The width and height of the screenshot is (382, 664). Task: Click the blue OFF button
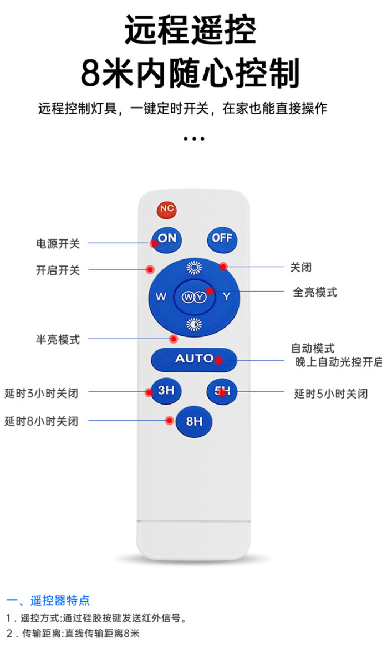222,239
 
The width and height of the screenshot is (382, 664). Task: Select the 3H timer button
166,390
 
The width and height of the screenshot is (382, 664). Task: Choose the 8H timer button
193,422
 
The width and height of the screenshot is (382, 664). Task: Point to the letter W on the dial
161,297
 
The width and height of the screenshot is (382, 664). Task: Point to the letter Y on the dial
226,297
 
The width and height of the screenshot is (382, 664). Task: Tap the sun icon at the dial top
194,268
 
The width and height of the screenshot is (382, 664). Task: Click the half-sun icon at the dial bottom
194,325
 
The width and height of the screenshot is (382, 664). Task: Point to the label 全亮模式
314,292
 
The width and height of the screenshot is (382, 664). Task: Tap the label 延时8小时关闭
42,421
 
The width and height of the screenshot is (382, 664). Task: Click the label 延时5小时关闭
331,394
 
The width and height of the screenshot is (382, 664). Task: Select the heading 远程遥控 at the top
191,30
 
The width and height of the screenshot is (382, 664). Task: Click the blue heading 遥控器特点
60,600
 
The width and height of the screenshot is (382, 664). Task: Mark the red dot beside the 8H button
170,421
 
